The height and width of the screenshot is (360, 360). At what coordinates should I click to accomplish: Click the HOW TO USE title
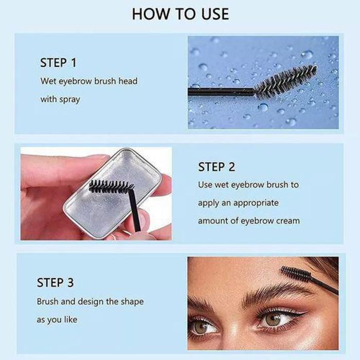click(x=181, y=14)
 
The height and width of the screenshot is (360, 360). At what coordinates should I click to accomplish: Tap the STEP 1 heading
click(x=58, y=63)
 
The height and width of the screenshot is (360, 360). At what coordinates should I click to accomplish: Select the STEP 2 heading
click(x=217, y=167)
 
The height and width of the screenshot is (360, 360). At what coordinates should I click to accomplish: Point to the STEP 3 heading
click(x=55, y=282)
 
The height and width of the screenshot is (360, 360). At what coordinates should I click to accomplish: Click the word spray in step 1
click(x=69, y=100)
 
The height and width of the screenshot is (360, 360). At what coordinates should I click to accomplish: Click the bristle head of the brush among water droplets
click(x=286, y=81)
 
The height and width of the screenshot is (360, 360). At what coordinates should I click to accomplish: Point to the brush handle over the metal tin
click(x=134, y=210)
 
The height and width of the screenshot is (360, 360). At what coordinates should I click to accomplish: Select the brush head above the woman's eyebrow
click(x=296, y=274)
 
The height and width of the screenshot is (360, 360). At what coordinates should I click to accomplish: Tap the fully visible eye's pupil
click(x=273, y=319)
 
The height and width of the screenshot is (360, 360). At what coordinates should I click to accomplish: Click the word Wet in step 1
click(x=48, y=81)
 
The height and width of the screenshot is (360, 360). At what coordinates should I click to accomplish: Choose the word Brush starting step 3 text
click(x=47, y=301)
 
